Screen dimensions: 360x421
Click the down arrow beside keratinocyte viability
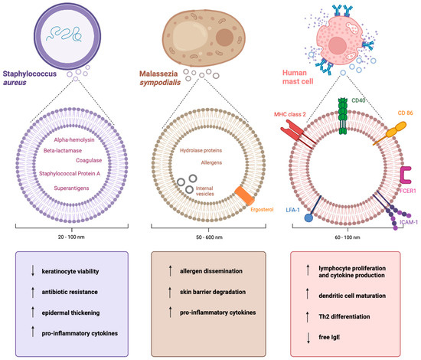pos(29,270)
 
